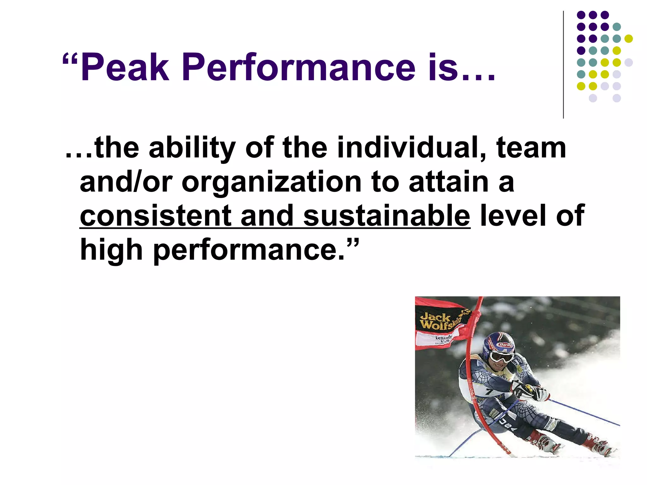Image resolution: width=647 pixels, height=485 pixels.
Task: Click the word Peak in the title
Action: [125, 68]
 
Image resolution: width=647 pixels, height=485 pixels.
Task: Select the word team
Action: [531, 148]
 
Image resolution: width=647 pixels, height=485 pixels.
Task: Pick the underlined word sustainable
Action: [386, 216]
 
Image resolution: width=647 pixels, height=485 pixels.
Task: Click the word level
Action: [512, 216]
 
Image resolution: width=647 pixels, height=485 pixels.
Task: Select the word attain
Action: [448, 182]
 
